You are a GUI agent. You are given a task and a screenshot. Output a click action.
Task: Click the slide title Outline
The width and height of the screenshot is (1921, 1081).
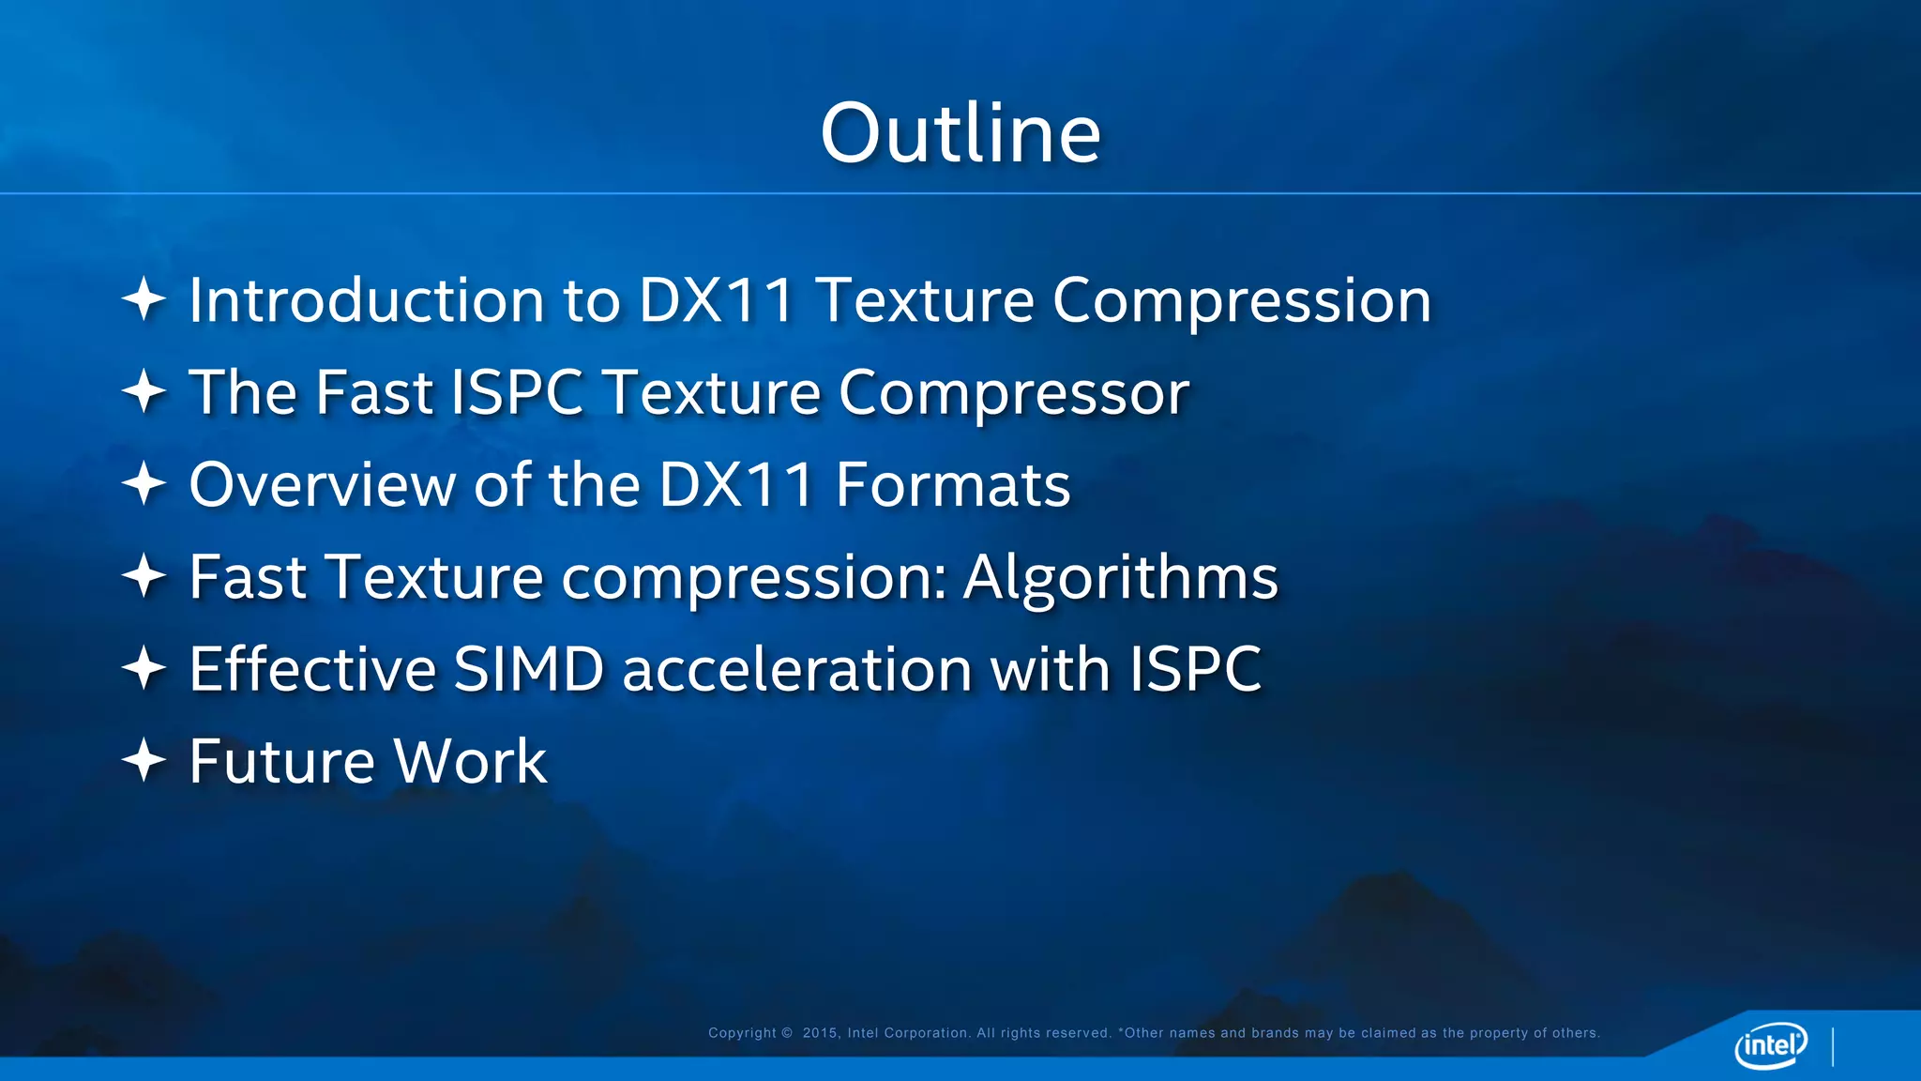click(x=960, y=133)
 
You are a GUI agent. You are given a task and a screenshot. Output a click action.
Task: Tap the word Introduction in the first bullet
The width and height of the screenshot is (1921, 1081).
click(x=367, y=300)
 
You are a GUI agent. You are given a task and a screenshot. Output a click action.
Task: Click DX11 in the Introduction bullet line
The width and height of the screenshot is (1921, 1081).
click(x=717, y=300)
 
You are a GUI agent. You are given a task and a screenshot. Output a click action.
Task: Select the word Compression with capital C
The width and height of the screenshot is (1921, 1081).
click(x=1242, y=302)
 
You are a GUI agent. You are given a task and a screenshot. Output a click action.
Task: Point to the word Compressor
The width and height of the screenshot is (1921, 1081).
click(x=1014, y=393)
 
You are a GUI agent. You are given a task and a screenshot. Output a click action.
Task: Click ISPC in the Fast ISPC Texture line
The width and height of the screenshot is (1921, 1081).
click(x=517, y=392)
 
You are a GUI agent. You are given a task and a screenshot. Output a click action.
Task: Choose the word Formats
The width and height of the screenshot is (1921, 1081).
click(x=953, y=485)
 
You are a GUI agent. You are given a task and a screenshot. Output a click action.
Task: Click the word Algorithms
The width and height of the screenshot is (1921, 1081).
click(x=1121, y=578)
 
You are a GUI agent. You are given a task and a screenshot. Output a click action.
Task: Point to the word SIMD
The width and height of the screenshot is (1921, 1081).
click(x=528, y=669)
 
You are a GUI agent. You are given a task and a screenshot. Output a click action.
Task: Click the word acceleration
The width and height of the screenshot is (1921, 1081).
click(x=797, y=669)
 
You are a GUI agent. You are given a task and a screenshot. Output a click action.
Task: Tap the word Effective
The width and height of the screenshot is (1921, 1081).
click(x=313, y=669)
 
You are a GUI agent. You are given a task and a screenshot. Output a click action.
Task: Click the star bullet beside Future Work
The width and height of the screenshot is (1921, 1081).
click(x=144, y=760)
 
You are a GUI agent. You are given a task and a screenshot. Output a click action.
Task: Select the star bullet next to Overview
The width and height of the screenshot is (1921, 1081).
click(x=144, y=484)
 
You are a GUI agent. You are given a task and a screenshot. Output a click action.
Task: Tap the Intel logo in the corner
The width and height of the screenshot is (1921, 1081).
click(x=1771, y=1044)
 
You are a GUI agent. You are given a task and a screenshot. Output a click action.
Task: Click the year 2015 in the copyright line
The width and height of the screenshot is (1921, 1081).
click(x=821, y=1033)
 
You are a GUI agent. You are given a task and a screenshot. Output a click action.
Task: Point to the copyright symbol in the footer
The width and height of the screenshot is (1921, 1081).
click(x=787, y=1033)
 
